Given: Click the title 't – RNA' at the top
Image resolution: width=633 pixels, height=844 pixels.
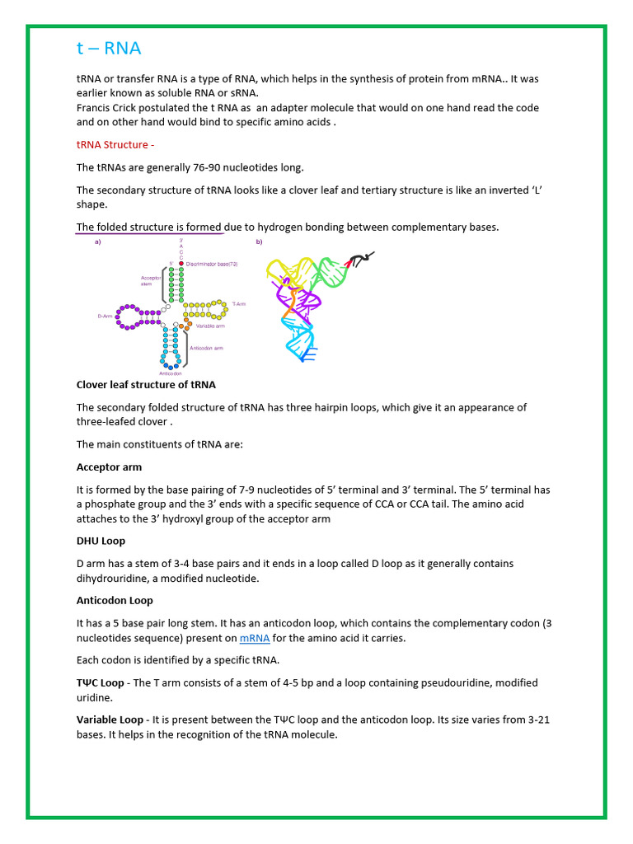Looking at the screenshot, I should click(x=108, y=49).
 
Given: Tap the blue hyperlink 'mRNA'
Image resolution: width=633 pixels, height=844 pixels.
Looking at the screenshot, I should click(x=255, y=638).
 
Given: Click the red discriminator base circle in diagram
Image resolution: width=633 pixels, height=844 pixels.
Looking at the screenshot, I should click(x=181, y=264).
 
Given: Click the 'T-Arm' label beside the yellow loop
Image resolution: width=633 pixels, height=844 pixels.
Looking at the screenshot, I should click(x=238, y=303).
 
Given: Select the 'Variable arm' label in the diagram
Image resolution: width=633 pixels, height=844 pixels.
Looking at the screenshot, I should click(x=211, y=326).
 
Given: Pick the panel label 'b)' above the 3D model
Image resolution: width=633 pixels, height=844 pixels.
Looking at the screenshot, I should click(x=259, y=242).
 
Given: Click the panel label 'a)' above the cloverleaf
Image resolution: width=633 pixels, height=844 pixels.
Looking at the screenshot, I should click(x=97, y=242).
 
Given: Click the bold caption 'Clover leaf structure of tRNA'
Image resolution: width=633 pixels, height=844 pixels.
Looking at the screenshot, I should click(x=146, y=385).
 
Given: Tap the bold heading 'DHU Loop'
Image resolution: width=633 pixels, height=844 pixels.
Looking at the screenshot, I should click(x=101, y=542).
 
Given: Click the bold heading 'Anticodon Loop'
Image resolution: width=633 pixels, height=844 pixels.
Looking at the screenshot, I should click(x=115, y=601).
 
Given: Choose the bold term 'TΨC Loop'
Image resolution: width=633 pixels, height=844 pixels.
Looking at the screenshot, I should click(x=101, y=683).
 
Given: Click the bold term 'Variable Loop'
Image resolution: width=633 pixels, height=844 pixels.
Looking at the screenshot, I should click(x=111, y=720).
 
